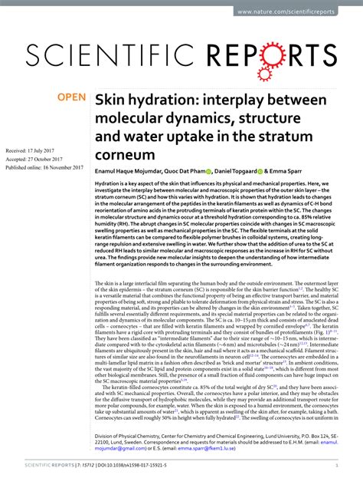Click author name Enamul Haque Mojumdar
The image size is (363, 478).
(130, 174)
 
